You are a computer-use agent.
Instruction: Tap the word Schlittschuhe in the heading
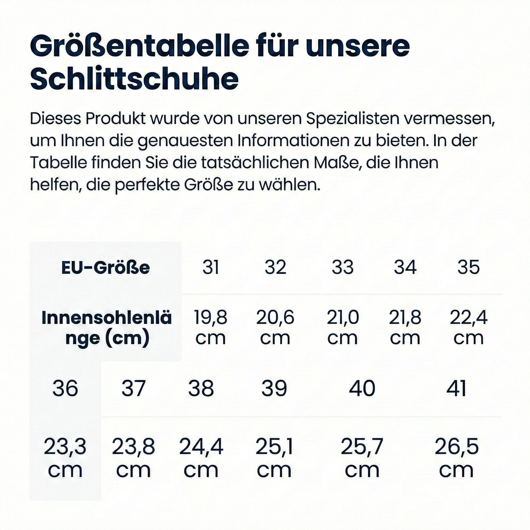(x=134, y=79)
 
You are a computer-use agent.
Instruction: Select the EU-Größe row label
(x=106, y=268)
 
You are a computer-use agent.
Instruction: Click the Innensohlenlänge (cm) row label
(x=107, y=328)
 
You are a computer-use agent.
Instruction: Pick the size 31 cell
(x=211, y=267)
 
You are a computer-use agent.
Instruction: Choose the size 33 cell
(x=343, y=267)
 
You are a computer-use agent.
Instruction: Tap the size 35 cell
(x=469, y=267)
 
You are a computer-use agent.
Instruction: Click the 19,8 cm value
(x=211, y=328)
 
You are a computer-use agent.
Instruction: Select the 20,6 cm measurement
(x=275, y=328)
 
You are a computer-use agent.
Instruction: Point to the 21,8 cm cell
(x=405, y=328)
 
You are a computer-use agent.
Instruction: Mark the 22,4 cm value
(x=469, y=328)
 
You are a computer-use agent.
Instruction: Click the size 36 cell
(x=65, y=388)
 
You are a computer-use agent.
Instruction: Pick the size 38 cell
(x=201, y=388)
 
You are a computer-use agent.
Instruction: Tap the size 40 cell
(x=362, y=388)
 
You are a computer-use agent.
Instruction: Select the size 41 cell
(x=456, y=388)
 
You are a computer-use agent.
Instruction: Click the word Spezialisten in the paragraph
(x=352, y=119)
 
